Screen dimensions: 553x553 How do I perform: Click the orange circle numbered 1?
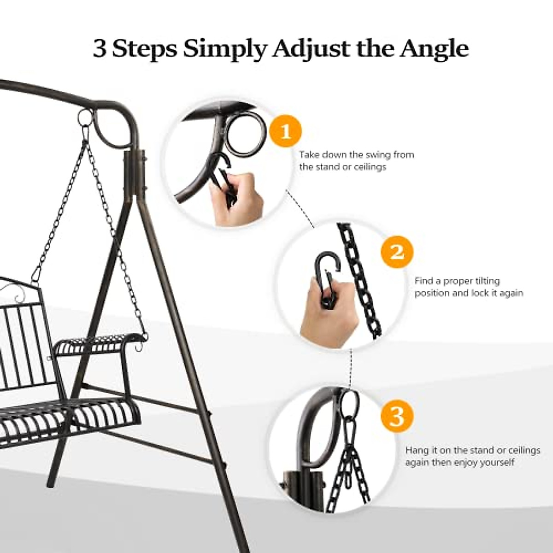[x=286, y=131]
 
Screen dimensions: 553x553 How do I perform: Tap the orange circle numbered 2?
[x=397, y=252]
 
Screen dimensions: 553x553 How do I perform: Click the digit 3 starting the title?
[x=99, y=48]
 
